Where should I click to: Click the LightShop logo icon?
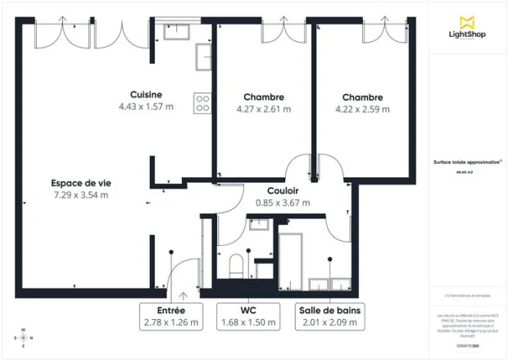pos(468,21)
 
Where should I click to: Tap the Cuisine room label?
pos(146,94)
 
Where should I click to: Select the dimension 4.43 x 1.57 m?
pos(146,107)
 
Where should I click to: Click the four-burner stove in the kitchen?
pos(202,103)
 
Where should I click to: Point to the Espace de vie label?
pos(79,183)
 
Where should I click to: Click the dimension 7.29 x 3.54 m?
pos(80,195)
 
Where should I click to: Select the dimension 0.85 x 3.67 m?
pos(283,203)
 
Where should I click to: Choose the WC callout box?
pos(249,316)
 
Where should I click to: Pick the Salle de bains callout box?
pos(329,316)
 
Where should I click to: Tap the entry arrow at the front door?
pos(183,294)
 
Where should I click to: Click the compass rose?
pos(23,338)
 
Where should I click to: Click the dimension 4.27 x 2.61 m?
pos(263,108)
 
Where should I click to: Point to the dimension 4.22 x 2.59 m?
pos(362,108)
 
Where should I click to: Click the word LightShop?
pos(468,35)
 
